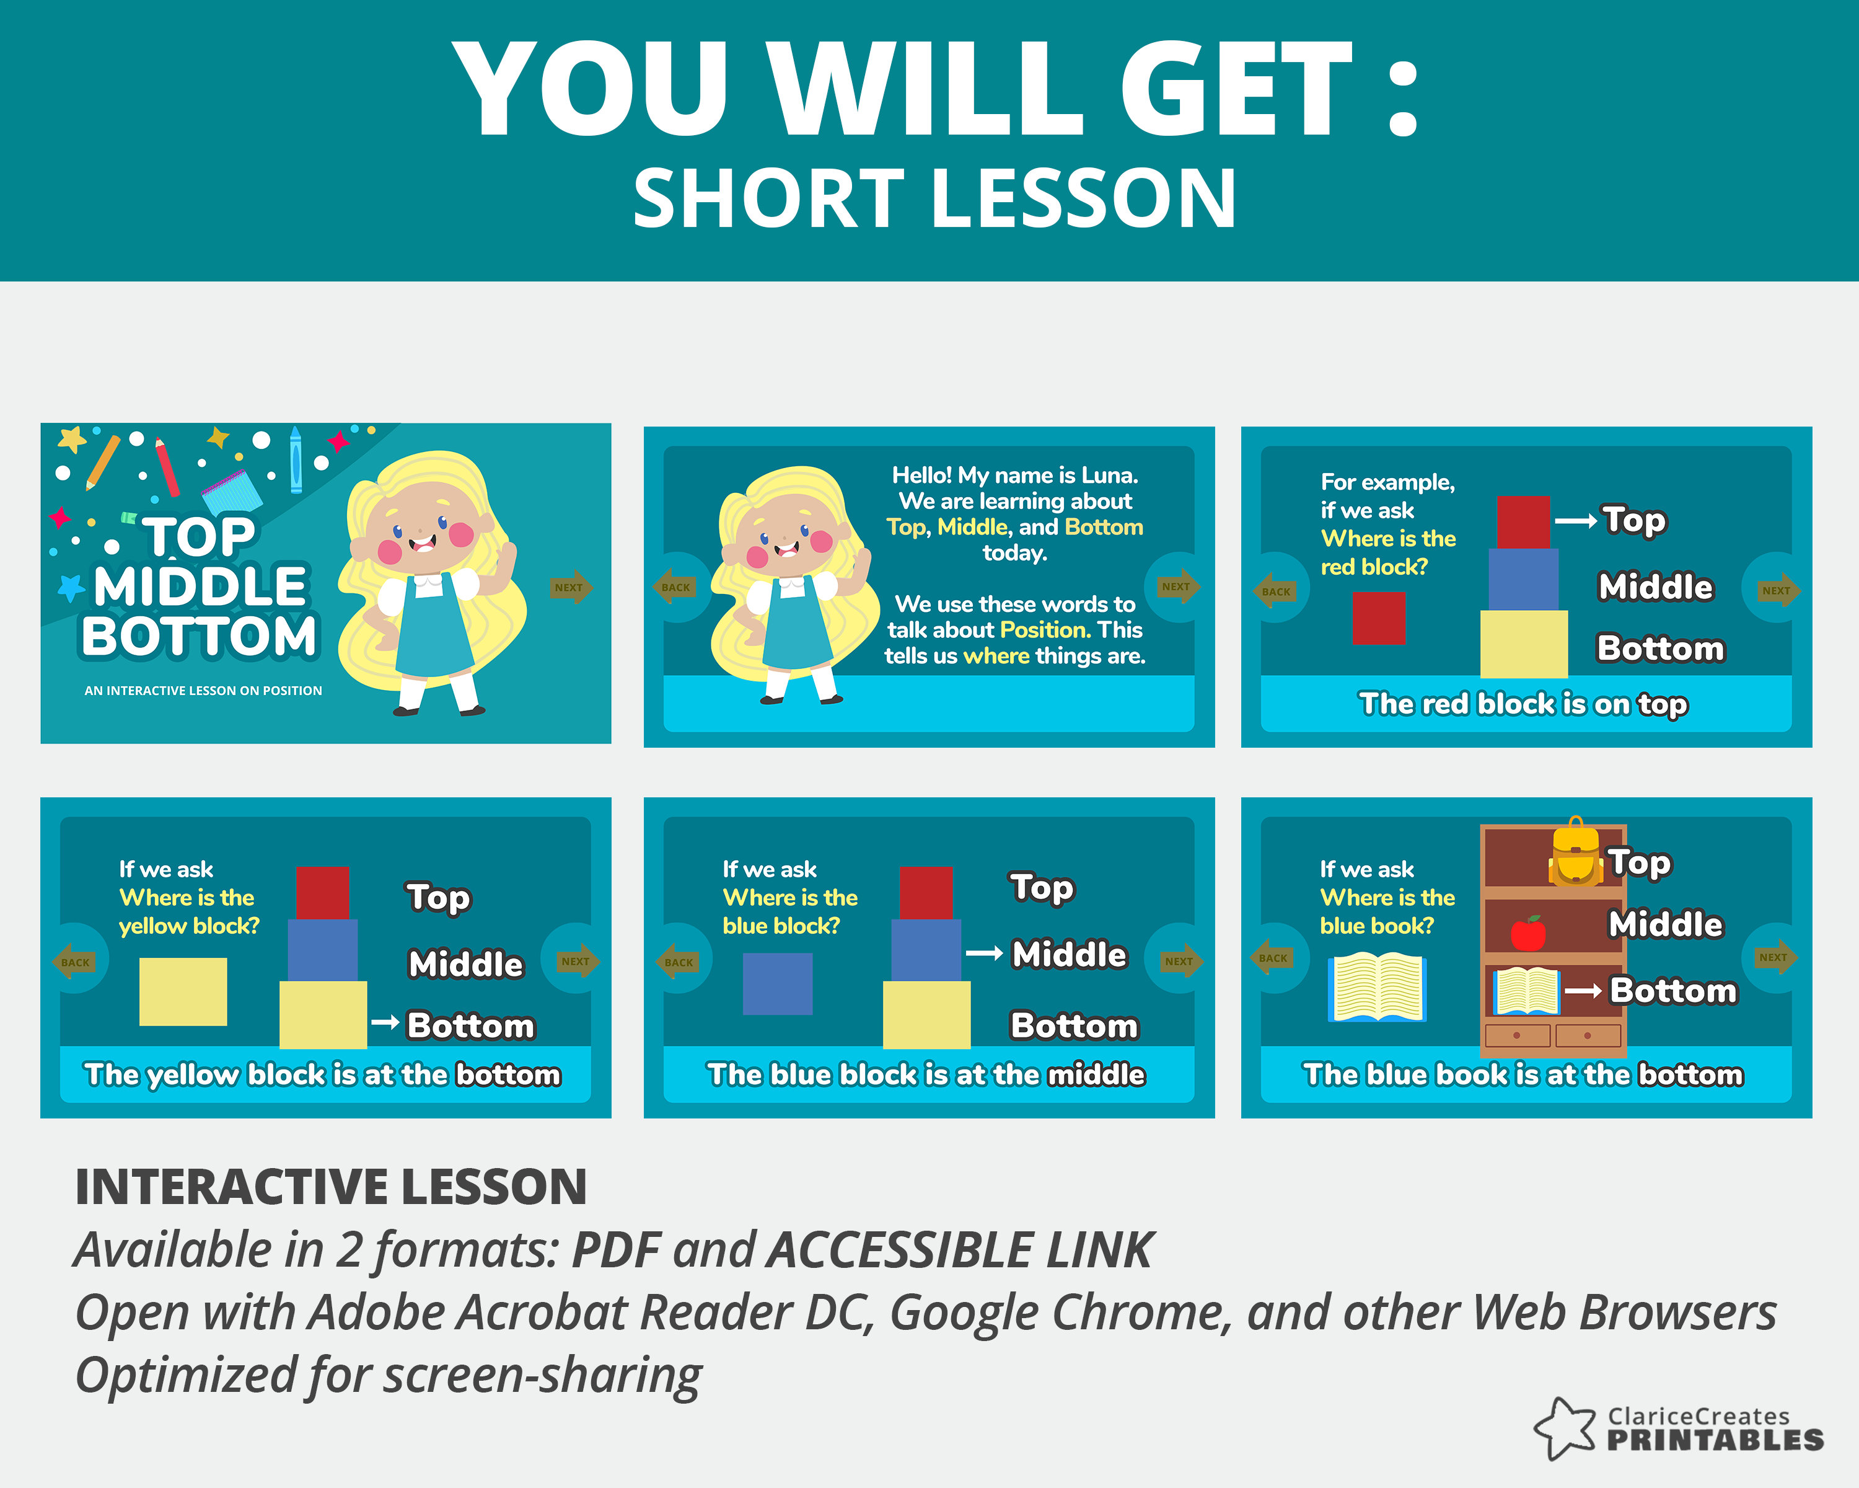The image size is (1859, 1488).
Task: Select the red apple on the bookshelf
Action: coord(1528,932)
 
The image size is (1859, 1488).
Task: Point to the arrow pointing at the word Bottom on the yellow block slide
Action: coord(385,1023)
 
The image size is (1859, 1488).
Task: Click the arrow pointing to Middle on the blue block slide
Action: coord(984,953)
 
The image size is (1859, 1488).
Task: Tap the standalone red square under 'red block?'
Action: coord(1379,618)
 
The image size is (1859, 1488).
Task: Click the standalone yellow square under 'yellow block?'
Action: coord(183,991)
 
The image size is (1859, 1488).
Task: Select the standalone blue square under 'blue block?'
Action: coord(777,983)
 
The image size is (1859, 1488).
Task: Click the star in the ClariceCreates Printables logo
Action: coord(1566,1428)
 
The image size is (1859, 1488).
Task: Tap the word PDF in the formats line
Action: coord(616,1249)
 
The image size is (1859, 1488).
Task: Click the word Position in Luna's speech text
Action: coord(1044,630)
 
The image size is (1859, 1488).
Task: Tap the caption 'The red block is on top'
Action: coord(1524,704)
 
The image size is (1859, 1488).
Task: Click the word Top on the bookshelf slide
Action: coord(1640,862)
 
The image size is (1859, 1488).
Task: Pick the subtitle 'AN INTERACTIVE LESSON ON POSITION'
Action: coord(203,690)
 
